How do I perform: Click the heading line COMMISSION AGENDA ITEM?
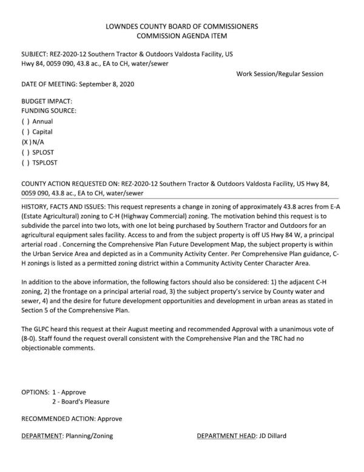pos(181,36)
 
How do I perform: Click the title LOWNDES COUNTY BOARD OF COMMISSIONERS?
pos(181,27)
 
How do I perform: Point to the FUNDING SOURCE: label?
pos(49,111)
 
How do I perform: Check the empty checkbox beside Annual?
pos(25,121)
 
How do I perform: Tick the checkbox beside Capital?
pos(25,132)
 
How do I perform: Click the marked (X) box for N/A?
pos(25,142)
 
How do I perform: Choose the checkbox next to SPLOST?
pos(25,152)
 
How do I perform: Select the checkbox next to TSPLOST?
pos(25,163)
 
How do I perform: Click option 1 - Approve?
pos(69,392)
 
